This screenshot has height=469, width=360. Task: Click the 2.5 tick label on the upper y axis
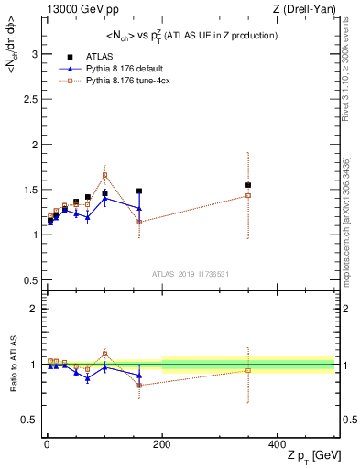[27, 99]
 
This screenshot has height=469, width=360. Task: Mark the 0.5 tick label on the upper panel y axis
[27, 279]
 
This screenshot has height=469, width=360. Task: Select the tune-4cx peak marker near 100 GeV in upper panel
[104, 175]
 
